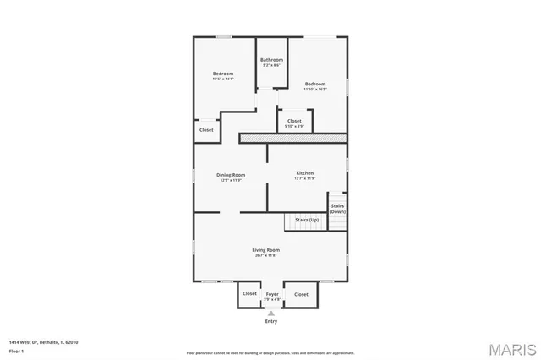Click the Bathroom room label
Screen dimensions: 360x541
coord(271,60)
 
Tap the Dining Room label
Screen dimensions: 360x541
coord(231,175)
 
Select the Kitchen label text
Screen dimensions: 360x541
coord(304,174)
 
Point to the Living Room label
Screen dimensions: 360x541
coord(265,250)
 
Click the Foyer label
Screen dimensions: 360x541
coord(271,294)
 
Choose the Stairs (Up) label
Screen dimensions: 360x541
coord(307,220)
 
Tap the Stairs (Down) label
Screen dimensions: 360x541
coord(337,208)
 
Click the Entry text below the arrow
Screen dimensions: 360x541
coord(270,321)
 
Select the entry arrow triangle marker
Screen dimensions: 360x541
coord(270,313)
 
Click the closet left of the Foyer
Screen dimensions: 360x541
coord(249,294)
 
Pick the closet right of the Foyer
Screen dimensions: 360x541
coord(301,294)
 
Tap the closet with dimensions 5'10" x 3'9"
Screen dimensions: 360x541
coord(294,122)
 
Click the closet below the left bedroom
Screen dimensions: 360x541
coord(206,130)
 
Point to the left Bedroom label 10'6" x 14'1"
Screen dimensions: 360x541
coord(222,74)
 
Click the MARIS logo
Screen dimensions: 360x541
coord(511,349)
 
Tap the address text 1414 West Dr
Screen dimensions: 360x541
coord(43,341)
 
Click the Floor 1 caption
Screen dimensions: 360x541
coord(16,350)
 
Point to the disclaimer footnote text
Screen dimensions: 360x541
coord(270,352)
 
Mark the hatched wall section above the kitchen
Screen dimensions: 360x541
coord(293,137)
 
